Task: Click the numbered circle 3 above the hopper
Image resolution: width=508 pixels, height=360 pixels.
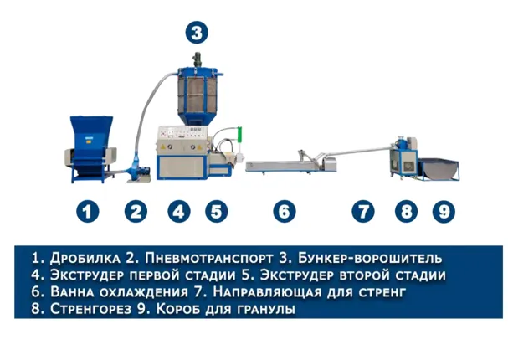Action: [x=197, y=33]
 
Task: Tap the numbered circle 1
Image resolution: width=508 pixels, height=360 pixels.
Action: [x=88, y=212]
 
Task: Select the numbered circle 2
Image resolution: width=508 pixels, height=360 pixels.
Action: [x=136, y=212]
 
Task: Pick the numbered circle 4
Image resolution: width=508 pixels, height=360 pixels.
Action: [x=179, y=212]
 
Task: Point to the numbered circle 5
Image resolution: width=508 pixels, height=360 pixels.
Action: [x=217, y=212]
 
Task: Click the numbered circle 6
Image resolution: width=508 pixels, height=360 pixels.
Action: [x=285, y=212]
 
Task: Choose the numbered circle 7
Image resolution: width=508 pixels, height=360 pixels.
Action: [x=363, y=212]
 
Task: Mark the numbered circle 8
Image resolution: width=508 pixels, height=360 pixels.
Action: [x=406, y=212]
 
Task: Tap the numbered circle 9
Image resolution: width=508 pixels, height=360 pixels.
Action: [x=444, y=212]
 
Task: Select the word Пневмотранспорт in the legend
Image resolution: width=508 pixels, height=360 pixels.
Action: [x=208, y=258]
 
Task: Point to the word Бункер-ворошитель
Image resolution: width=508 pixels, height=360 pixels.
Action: [x=370, y=258]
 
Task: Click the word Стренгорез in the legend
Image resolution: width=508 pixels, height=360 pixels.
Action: [x=90, y=309]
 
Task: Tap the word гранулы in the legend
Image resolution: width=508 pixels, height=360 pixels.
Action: [x=266, y=310]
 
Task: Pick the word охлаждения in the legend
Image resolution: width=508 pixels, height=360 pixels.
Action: [x=143, y=292]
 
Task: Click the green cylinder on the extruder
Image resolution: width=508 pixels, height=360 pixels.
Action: [x=240, y=134]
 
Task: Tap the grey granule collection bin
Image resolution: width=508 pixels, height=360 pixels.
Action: [x=439, y=168]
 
